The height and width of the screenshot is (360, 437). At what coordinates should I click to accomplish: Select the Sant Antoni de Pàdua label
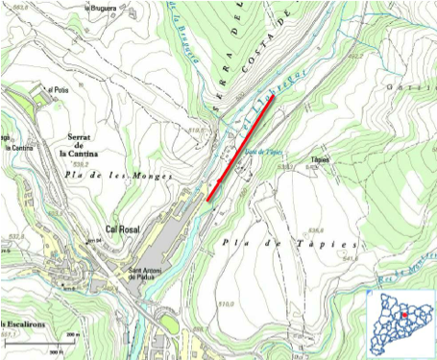point(150,275)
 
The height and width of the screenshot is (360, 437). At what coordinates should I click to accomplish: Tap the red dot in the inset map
point(405,315)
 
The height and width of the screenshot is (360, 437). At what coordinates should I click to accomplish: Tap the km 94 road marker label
point(94,240)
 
